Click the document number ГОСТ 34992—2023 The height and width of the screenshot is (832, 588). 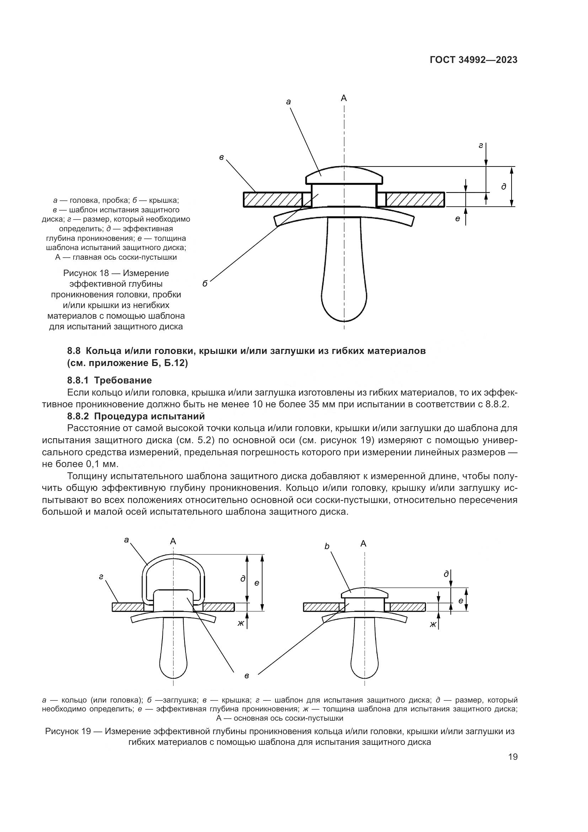coord(474,60)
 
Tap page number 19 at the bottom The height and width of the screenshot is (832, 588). coord(513,757)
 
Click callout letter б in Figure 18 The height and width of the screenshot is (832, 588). coord(205,284)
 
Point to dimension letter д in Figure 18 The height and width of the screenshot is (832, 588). coord(504,187)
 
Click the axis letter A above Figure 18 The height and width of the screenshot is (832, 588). coord(344,98)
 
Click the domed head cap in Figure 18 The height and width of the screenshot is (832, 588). coord(344,175)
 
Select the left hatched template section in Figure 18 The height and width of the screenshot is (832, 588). coord(273,199)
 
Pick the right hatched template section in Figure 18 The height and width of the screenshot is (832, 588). coord(415,199)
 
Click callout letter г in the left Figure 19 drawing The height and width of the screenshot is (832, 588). coord(102,577)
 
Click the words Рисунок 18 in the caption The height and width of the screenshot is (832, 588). coord(85,273)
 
